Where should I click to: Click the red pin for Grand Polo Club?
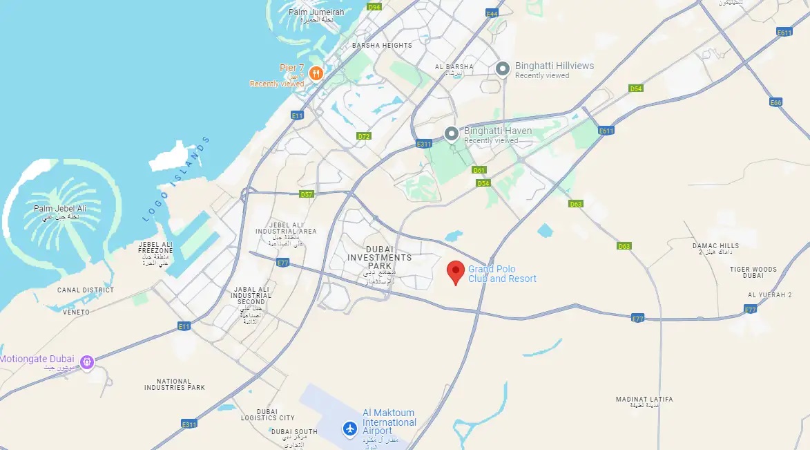(x=455, y=272)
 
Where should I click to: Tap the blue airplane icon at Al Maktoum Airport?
(x=350, y=429)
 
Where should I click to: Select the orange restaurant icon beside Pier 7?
(x=316, y=73)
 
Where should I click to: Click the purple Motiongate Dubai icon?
(x=87, y=361)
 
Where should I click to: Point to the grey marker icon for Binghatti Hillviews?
(x=503, y=68)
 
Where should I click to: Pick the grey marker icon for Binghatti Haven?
(x=452, y=133)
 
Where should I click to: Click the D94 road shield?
(x=374, y=7)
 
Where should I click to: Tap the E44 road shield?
(x=492, y=14)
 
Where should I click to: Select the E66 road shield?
(x=776, y=102)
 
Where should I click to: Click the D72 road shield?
(x=364, y=136)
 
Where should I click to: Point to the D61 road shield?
(x=479, y=170)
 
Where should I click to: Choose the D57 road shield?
(x=307, y=194)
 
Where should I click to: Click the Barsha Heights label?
(x=382, y=46)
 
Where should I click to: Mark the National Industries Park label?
(x=175, y=384)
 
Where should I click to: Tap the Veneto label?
(x=76, y=312)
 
